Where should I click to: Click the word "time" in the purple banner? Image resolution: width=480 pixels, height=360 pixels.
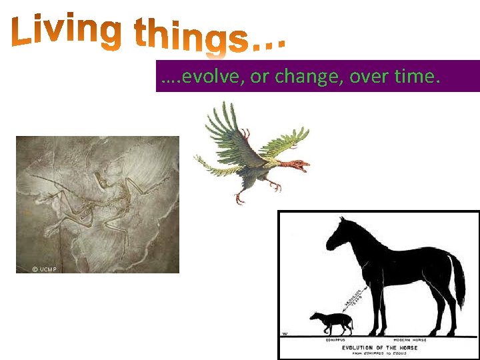pos(416,77)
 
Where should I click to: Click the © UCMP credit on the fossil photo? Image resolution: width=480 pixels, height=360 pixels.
pos(44,269)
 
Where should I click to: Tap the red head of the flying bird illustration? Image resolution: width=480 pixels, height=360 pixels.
pos(293,162)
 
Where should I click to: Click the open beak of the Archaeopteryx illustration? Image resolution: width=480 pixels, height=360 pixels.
pos(305,167)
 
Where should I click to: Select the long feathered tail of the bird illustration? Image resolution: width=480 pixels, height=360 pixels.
pos(213,160)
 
